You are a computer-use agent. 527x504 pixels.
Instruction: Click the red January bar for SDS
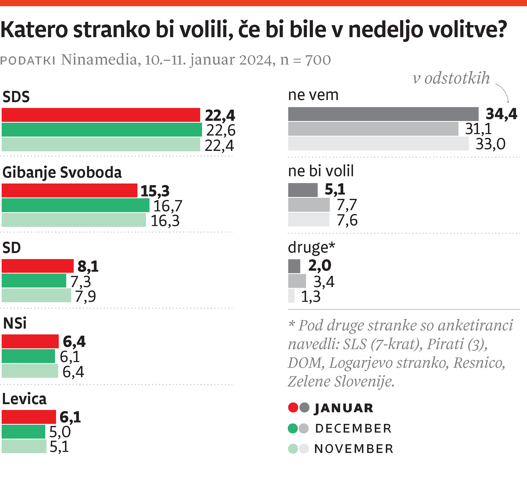pyautogui.click(x=101, y=115)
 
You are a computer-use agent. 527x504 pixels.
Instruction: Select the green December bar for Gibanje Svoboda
pyautogui.click(x=75, y=205)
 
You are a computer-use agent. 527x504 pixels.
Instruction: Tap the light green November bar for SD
pyautogui.click(x=36, y=295)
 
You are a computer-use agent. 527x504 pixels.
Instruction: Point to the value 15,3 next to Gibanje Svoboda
pyautogui.click(x=155, y=191)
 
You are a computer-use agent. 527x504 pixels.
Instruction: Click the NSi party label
pyautogui.click(x=15, y=323)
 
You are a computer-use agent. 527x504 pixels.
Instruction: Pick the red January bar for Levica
pyautogui.click(x=29, y=417)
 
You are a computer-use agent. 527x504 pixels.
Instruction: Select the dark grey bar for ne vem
pyautogui.click(x=383, y=114)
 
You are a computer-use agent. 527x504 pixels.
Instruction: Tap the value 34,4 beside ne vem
pyautogui.click(x=501, y=114)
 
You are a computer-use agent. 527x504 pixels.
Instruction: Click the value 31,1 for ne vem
pyautogui.click(x=478, y=129)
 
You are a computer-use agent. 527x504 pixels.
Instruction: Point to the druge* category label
pyautogui.click(x=311, y=247)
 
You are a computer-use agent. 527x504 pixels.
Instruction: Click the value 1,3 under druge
pyautogui.click(x=311, y=297)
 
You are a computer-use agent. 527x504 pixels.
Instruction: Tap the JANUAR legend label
pyautogui.click(x=344, y=408)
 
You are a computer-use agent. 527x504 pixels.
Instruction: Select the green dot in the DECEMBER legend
pyautogui.click(x=293, y=428)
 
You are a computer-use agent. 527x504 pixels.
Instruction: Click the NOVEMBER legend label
pyautogui.click(x=354, y=449)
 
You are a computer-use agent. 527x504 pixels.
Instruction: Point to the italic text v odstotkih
pyautogui.click(x=451, y=78)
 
